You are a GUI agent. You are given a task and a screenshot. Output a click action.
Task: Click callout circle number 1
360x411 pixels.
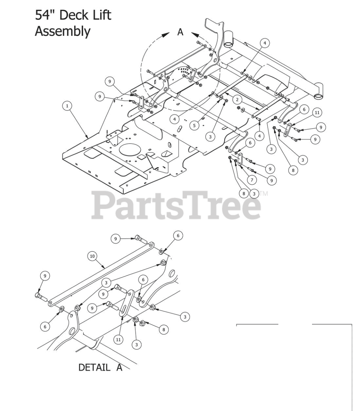click(x=67, y=106)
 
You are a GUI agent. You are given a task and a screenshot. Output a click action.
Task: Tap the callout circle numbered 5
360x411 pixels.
click(x=194, y=126)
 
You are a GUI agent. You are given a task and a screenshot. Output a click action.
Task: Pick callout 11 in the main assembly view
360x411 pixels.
click(x=317, y=112)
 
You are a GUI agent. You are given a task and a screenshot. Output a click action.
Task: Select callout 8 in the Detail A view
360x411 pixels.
click(x=163, y=329)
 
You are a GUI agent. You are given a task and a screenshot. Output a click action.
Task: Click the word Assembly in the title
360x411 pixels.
click(x=63, y=31)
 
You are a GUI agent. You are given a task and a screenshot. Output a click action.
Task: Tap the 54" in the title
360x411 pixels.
click(x=46, y=15)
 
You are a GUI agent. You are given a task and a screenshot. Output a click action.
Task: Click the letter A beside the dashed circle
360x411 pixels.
click(x=180, y=32)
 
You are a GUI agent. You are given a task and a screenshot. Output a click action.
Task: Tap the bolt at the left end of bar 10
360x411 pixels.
click(x=40, y=296)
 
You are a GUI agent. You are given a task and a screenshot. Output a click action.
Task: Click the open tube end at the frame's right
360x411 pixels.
click(x=318, y=96)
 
